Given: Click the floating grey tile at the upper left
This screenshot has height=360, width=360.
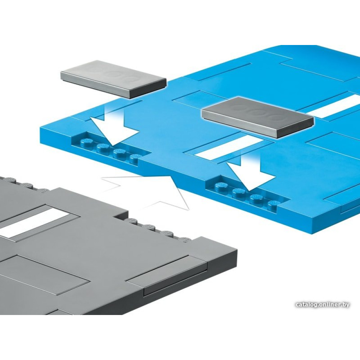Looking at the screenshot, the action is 113,79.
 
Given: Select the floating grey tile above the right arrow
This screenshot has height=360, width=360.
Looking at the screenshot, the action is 257,117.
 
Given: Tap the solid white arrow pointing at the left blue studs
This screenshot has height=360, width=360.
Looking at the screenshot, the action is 114,128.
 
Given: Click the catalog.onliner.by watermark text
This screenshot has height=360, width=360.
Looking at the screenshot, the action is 322,305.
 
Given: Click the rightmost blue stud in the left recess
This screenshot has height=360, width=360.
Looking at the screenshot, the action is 135,158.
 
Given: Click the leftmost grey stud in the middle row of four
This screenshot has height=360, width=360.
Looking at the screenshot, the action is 132,221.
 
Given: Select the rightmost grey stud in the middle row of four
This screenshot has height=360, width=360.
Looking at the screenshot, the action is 187,239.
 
